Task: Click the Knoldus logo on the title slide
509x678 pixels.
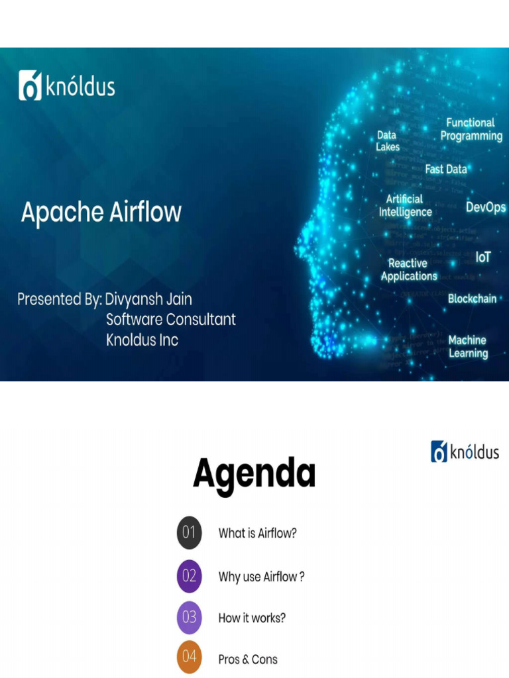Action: pyautogui.click(x=66, y=86)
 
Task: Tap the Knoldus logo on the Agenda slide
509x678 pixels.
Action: pyautogui.click(x=465, y=452)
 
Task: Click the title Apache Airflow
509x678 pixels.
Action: pyautogui.click(x=101, y=213)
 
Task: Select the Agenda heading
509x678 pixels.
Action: pyautogui.click(x=254, y=474)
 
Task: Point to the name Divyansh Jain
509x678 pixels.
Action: pyautogui.click(x=148, y=299)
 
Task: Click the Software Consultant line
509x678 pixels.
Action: pyautogui.click(x=171, y=320)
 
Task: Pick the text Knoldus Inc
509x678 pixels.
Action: pyautogui.click(x=142, y=340)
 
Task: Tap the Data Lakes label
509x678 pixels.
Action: pyautogui.click(x=388, y=141)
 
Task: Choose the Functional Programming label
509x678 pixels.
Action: pyautogui.click(x=471, y=129)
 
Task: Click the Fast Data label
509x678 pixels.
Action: pyautogui.click(x=445, y=169)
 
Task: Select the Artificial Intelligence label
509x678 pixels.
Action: pyautogui.click(x=405, y=205)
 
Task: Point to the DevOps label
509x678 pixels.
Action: pyautogui.click(x=485, y=207)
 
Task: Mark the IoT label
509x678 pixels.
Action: pyautogui.click(x=482, y=257)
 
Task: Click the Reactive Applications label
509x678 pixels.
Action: pyautogui.click(x=409, y=269)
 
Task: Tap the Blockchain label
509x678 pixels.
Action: pyautogui.click(x=472, y=299)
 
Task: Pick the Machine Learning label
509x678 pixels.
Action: pyautogui.click(x=468, y=346)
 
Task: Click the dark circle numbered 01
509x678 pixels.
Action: pyautogui.click(x=189, y=533)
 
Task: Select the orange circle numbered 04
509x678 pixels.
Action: pyautogui.click(x=189, y=657)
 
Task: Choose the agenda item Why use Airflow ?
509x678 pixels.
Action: pyautogui.click(x=261, y=577)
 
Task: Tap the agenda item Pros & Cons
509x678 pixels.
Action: pyautogui.click(x=248, y=659)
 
